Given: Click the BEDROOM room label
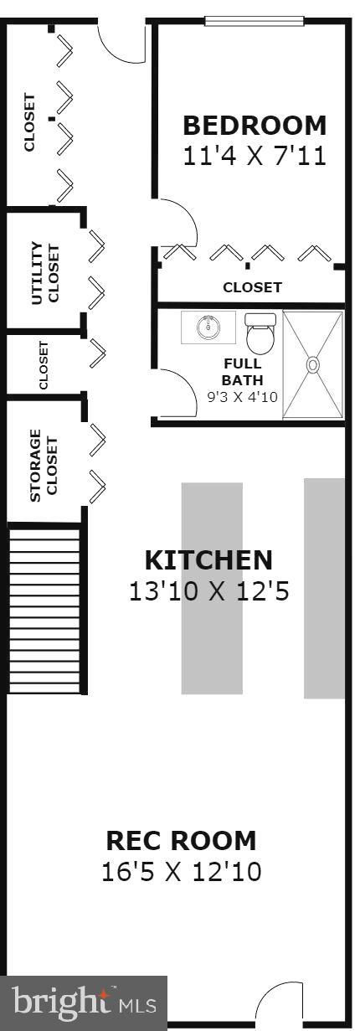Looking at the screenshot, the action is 255,126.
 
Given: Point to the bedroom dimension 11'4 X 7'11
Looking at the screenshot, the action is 255,156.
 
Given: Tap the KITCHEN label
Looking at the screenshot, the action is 208,559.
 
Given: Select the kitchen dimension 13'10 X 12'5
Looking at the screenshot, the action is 208,591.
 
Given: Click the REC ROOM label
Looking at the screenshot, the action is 181,840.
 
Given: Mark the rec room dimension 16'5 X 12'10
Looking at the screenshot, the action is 181,872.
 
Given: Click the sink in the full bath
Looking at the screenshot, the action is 208,327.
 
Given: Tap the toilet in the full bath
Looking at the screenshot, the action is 260,332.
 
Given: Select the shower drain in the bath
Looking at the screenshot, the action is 313,365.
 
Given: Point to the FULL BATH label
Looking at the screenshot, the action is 243,371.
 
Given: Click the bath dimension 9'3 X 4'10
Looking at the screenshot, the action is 243,397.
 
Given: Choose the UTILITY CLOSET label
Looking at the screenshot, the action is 45,273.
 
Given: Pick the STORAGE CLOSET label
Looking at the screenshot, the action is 44,466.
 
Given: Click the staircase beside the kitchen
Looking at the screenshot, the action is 44,610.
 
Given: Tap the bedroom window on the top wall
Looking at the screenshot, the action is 255,21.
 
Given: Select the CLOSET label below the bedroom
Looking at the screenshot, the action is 252,287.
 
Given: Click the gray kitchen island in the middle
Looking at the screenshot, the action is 212,589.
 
